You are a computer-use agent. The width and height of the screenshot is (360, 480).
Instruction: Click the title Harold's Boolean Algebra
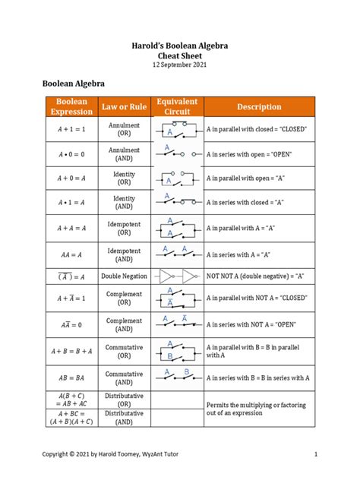tap(180, 46)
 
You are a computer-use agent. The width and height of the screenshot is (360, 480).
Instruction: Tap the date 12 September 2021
tap(180, 66)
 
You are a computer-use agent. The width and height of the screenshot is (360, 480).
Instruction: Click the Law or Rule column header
tap(125, 107)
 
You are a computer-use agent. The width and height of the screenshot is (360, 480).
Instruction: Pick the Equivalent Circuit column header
tap(177, 106)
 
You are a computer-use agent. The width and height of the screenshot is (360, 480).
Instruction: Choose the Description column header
tap(259, 107)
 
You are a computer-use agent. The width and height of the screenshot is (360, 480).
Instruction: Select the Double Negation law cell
tap(125, 276)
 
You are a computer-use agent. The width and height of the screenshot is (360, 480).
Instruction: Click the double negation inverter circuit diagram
tap(177, 276)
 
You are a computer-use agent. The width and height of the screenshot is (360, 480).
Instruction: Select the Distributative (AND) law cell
tap(125, 417)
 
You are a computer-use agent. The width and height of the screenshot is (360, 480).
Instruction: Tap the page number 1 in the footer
tap(314, 454)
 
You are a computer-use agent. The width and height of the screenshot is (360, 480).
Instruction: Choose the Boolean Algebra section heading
tap(72, 84)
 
